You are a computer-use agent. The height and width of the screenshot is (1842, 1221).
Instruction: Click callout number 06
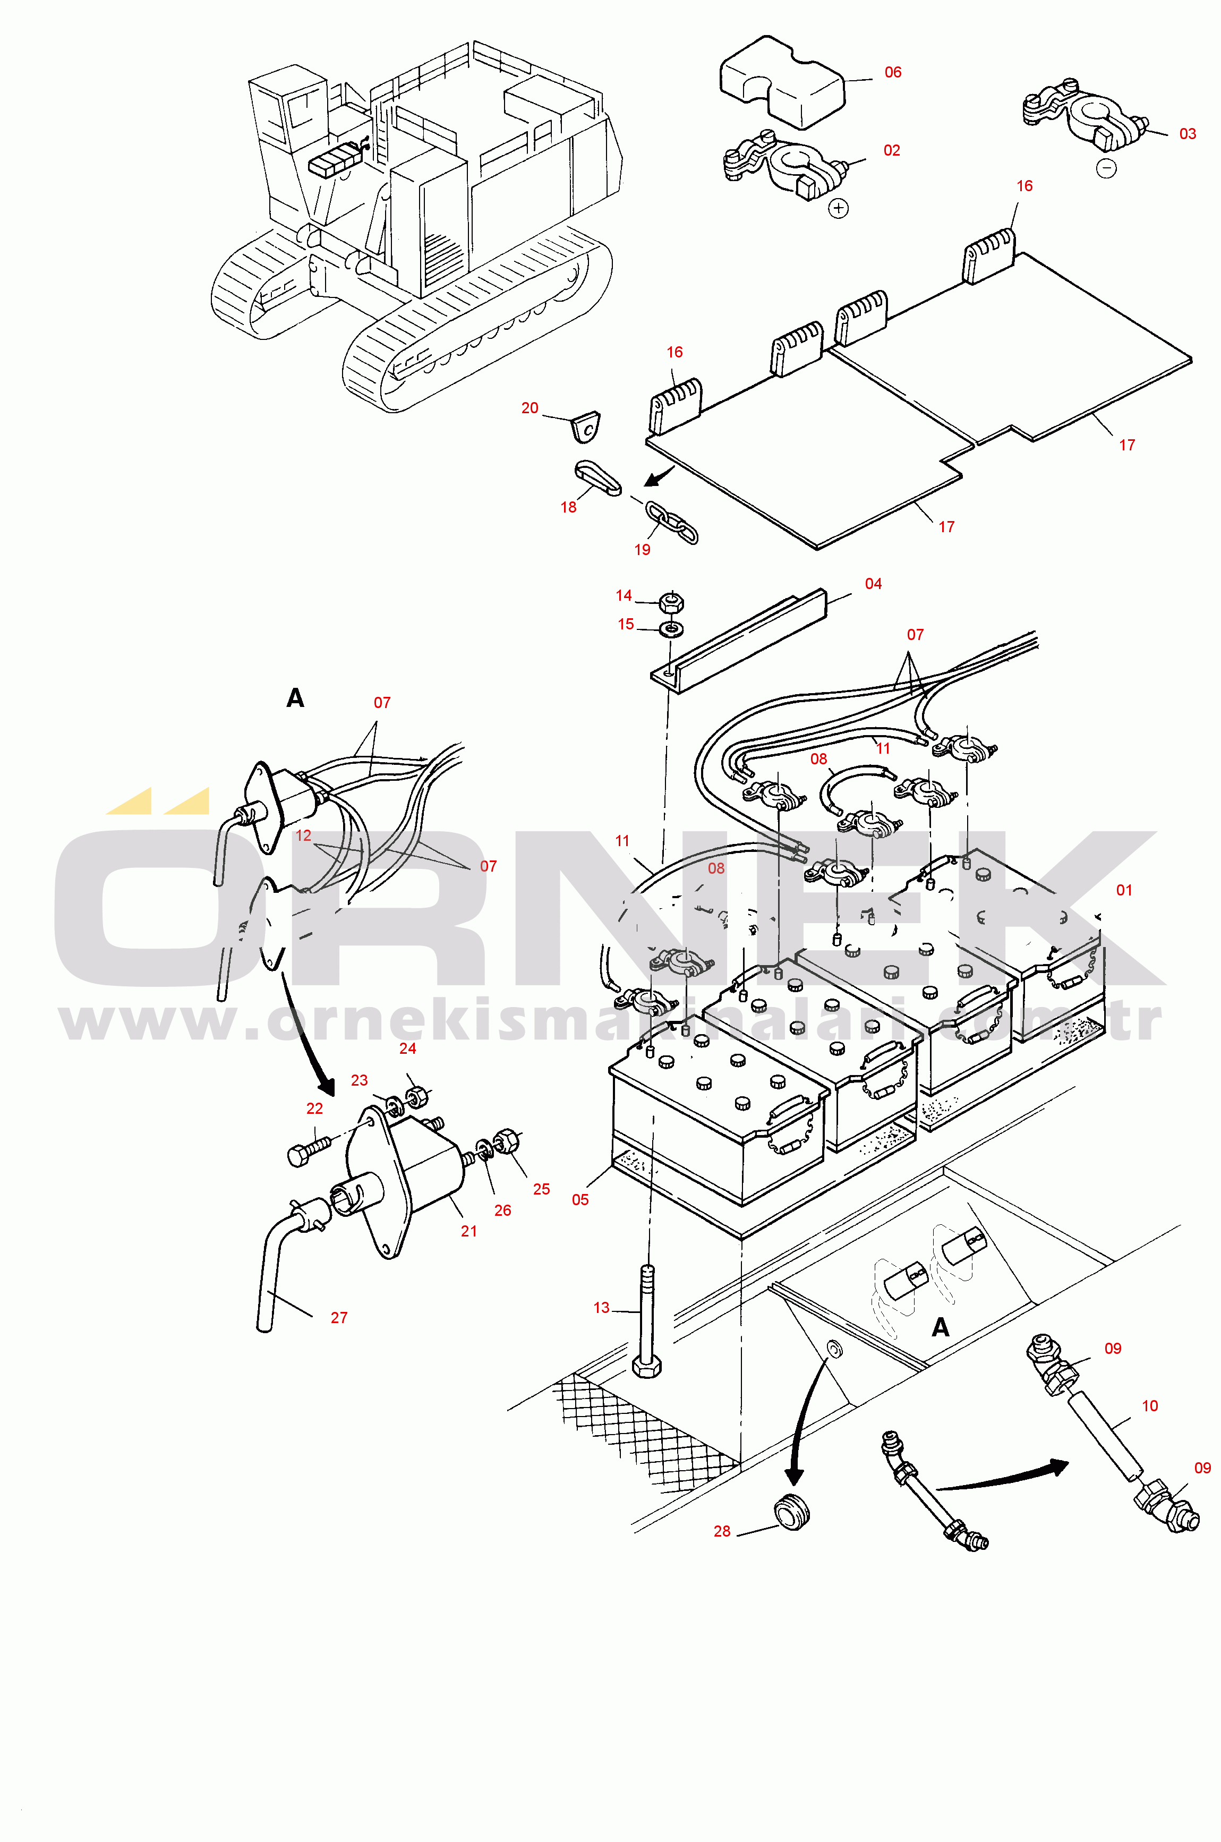pyautogui.click(x=892, y=72)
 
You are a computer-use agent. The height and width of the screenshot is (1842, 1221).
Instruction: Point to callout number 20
pyautogui.click(x=530, y=408)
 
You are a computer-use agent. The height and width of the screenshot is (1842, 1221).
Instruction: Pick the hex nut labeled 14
pyautogui.click(x=670, y=602)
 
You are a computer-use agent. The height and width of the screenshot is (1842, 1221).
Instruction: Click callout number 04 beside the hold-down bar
pyautogui.click(x=873, y=584)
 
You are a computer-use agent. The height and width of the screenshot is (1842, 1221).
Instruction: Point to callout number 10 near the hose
pyautogui.click(x=1149, y=1406)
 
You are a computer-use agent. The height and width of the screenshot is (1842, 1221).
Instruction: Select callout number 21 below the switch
pyautogui.click(x=469, y=1231)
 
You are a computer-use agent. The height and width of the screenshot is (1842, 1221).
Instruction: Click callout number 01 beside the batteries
pyautogui.click(x=1124, y=890)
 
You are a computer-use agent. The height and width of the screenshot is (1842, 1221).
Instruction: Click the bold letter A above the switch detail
pyautogui.click(x=295, y=697)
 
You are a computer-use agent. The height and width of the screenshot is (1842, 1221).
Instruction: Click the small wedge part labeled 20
pyautogui.click(x=586, y=426)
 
